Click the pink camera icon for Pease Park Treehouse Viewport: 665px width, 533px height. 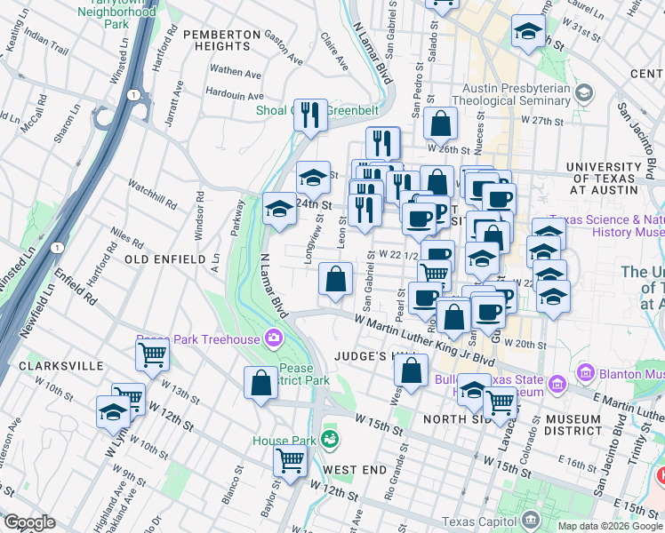tap(273, 338)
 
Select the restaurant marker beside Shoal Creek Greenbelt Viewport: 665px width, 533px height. tap(310, 114)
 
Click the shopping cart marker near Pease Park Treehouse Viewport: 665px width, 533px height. tap(152, 355)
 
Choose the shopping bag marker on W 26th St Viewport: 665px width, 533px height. tap(440, 125)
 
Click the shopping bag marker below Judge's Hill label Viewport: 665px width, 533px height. tap(411, 370)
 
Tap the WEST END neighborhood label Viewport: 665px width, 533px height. tap(354, 468)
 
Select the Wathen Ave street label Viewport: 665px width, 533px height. tap(235, 71)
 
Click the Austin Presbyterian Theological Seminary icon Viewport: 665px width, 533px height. tap(584, 92)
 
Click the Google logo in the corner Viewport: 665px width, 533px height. tap(29, 522)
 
